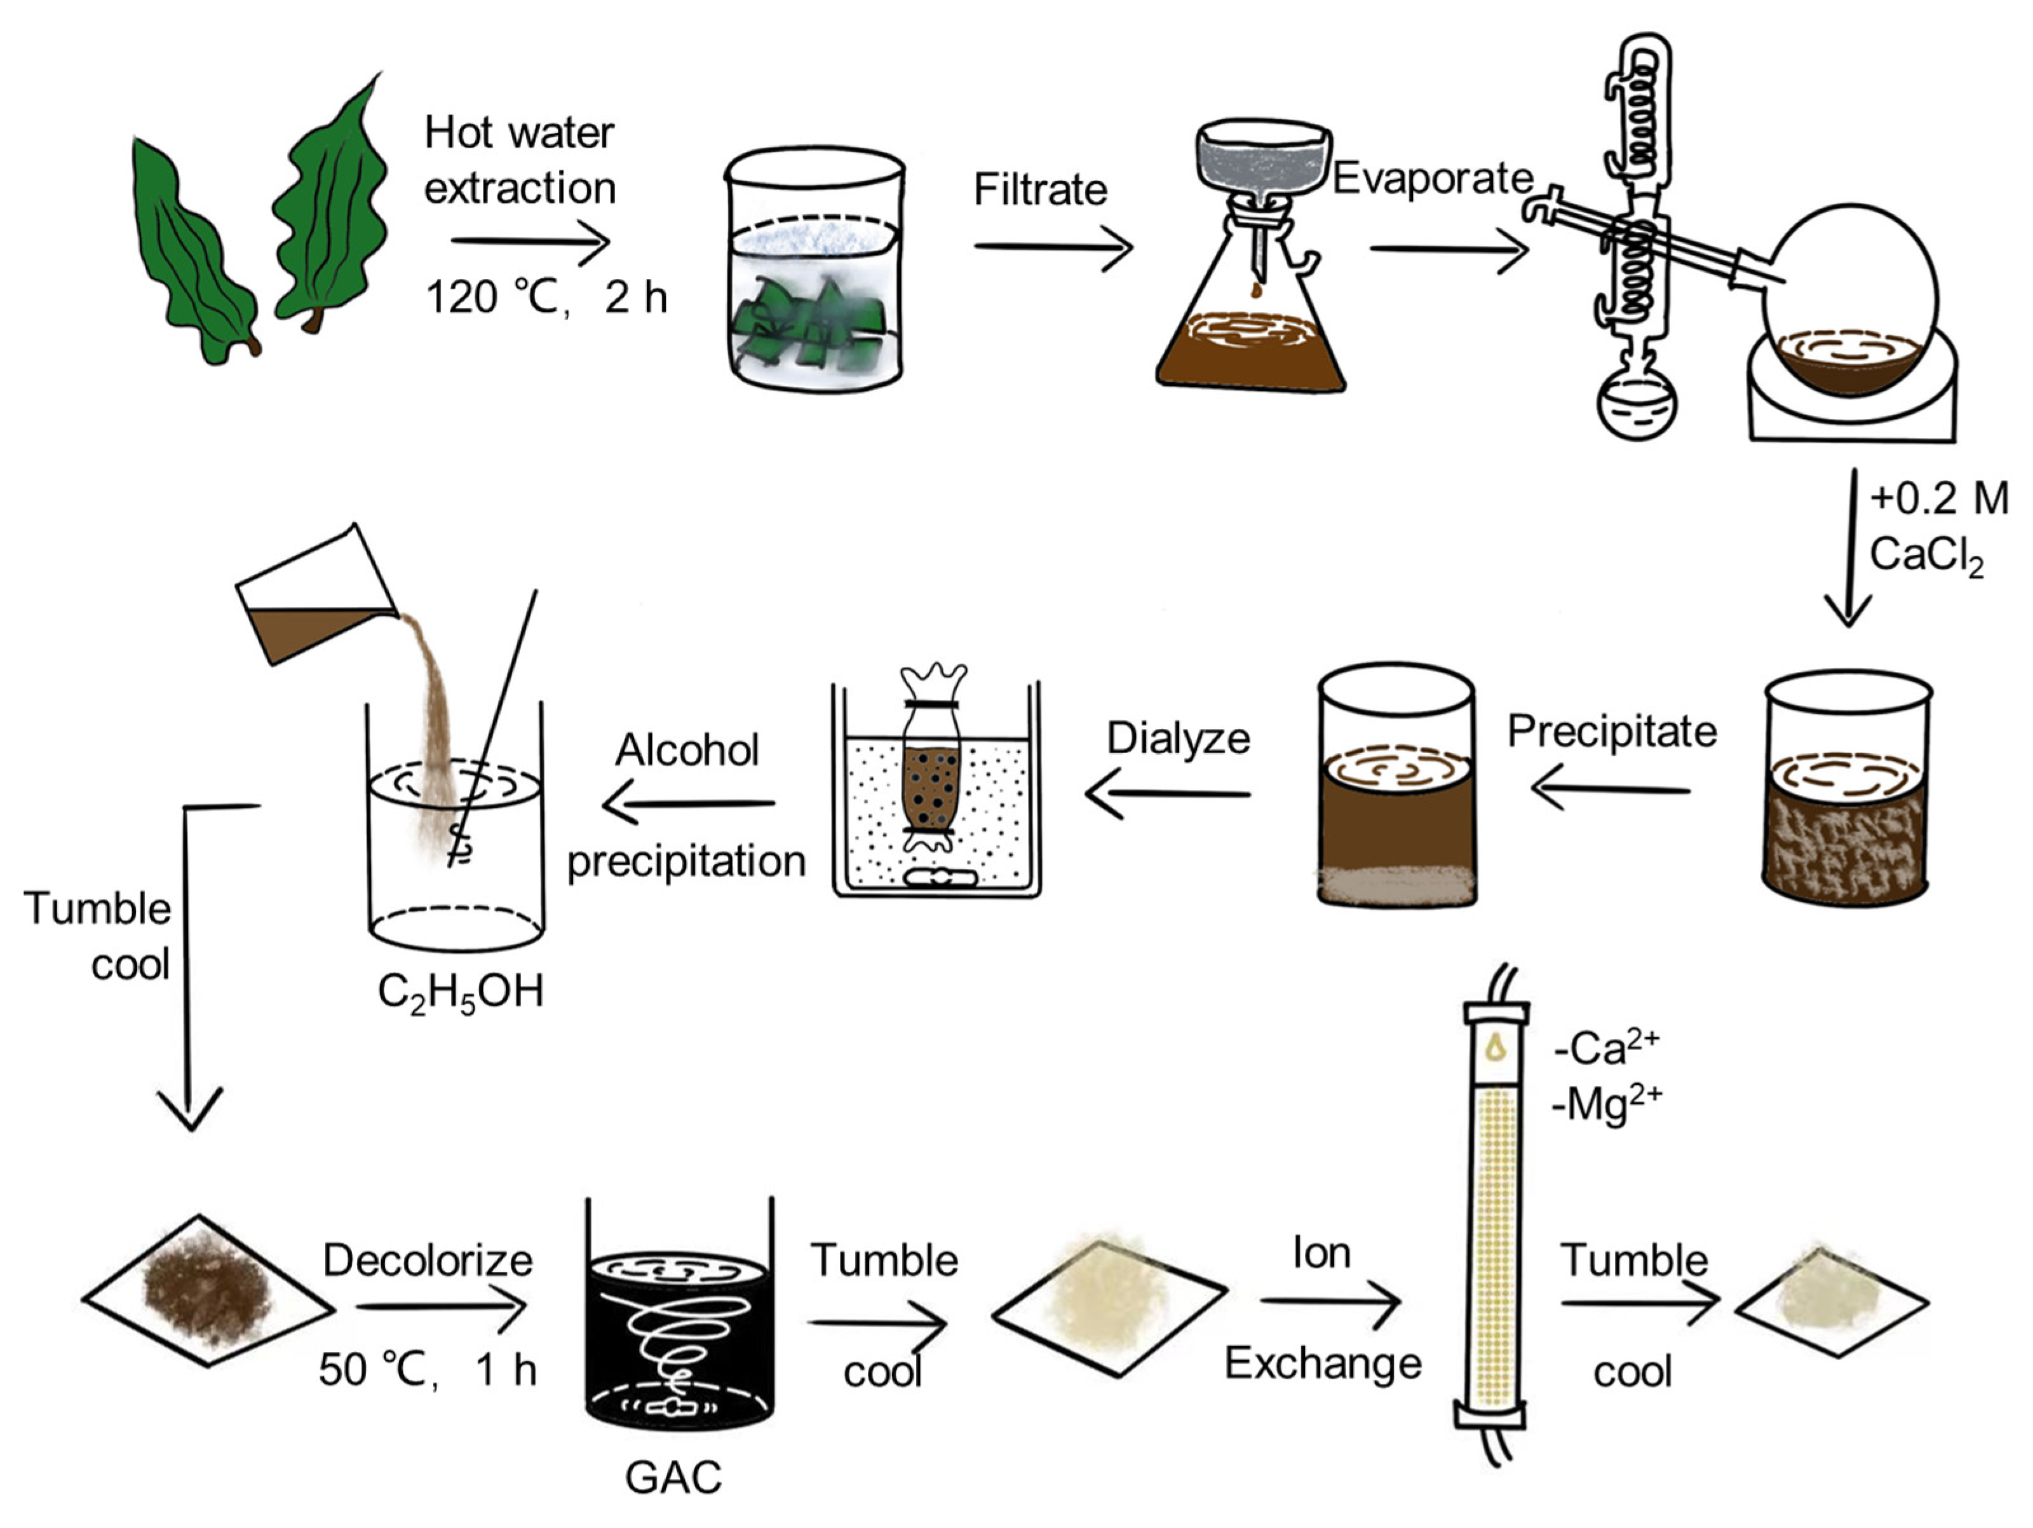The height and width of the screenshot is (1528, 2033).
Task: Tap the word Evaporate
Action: [x=1432, y=179]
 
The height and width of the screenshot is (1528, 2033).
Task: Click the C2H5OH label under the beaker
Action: [x=461, y=993]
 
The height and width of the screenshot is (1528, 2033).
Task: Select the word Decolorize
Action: [x=428, y=1260]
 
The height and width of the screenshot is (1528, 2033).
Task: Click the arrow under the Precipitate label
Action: [x=1611, y=790]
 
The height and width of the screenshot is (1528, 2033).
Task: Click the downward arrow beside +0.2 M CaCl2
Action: [x=1848, y=552]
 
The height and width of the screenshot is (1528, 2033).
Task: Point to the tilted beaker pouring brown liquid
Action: [x=313, y=597]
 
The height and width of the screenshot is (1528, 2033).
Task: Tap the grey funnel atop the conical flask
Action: [x=1263, y=160]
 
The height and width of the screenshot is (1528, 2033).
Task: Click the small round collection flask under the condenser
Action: [x=1637, y=404]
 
